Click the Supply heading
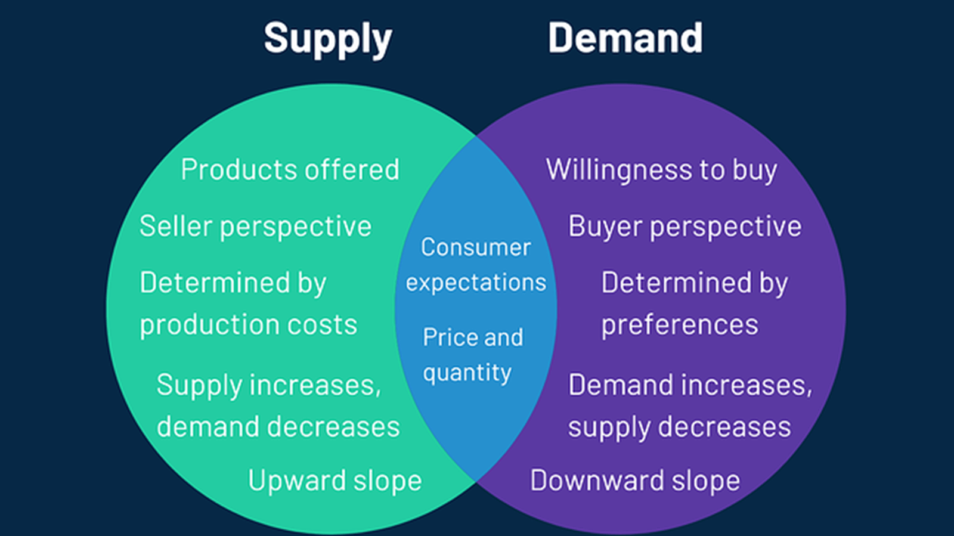pos(328,39)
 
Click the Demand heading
pos(625,38)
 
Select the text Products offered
pos(290,169)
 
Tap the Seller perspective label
pos(256,227)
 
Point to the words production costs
pos(248,325)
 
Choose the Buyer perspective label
pos(685,227)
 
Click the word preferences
pos(680,326)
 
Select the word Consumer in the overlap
pos(476,247)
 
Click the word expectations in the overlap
pos(476,283)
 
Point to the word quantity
pos(467,373)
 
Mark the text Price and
pos(473,337)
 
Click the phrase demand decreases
pos(278,426)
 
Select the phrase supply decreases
pos(679,427)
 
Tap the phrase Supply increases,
pos(269,385)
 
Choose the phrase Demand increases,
pos(690,385)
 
